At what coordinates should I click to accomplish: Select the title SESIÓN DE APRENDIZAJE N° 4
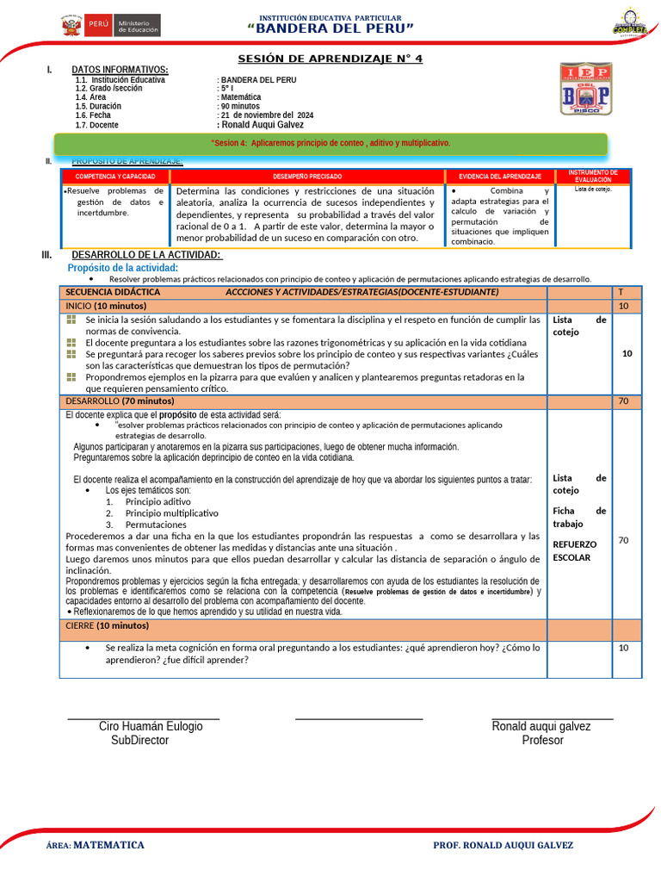[x=330, y=59]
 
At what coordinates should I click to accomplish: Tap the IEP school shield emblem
[x=586, y=90]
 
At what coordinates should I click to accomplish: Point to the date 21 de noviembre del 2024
[x=267, y=115]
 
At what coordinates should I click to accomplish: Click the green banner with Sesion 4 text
[x=330, y=143]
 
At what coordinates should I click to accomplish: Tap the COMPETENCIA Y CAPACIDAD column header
[x=115, y=176]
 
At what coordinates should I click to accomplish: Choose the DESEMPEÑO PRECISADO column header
[x=306, y=176]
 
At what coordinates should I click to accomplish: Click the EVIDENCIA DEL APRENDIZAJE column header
[x=499, y=176]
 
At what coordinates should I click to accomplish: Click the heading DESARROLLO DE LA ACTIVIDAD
[x=146, y=254]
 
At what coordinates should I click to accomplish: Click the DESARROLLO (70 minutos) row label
[x=120, y=401]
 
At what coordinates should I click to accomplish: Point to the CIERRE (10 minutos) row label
[x=107, y=625]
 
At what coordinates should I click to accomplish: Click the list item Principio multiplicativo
[x=171, y=512]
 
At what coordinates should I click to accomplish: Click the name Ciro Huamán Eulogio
[x=151, y=726]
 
